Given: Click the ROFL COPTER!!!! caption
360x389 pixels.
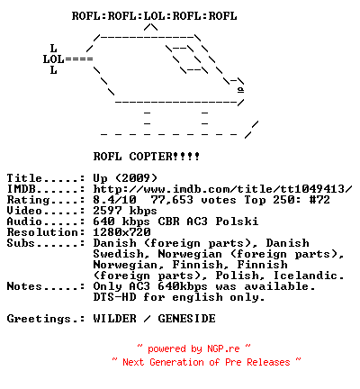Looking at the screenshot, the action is [x=147, y=157].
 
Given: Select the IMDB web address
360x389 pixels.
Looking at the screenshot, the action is [x=222, y=189].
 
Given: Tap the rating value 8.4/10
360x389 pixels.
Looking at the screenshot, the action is [x=114, y=200].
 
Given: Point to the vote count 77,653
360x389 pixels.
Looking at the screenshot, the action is [x=172, y=200].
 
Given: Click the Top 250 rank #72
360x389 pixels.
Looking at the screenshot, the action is [x=319, y=200].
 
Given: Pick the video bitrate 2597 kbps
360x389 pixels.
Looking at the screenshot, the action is [x=125, y=211].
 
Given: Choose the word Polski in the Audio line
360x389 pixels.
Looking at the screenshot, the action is [x=237, y=222].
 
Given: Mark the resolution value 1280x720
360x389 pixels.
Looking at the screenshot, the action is [x=121, y=232].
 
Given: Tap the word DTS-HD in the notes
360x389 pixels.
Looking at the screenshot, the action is [x=114, y=297].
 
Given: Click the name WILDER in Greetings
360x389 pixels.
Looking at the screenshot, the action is [x=114, y=319].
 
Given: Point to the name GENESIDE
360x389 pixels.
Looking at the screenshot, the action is [x=186, y=319].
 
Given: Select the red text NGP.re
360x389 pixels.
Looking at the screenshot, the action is [x=223, y=348].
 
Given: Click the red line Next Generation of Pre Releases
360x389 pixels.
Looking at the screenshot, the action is [x=206, y=362].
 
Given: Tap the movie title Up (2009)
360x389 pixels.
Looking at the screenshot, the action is [x=125, y=178].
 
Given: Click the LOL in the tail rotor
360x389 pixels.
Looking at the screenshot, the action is [x=54, y=59].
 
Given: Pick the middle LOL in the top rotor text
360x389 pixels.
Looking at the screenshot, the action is [x=154, y=16].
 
